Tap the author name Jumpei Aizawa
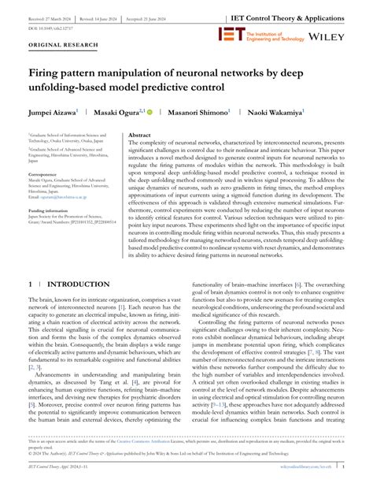tap(54, 113)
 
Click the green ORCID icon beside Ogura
tap(150, 113)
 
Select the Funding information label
tap(50, 210)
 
